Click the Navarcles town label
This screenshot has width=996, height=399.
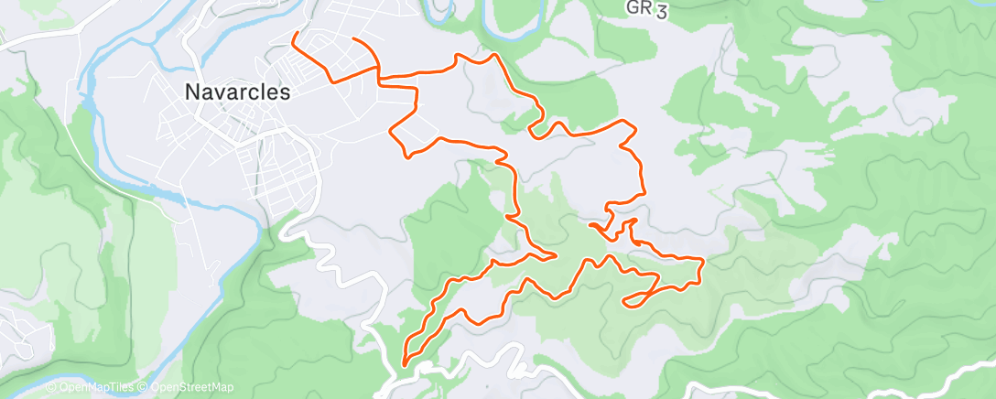(237, 92)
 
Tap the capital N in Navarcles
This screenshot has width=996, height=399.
(191, 92)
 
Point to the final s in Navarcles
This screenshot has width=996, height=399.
(285, 92)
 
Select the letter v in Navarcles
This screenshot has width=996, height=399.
(218, 92)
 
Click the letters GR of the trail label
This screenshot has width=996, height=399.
(639, 8)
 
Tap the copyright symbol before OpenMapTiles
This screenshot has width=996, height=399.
(51, 388)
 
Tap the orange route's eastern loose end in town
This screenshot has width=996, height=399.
(353, 38)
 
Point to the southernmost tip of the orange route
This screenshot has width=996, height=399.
(404, 365)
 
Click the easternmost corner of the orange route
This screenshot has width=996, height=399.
(702, 262)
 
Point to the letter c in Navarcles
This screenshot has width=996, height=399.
(254, 92)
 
